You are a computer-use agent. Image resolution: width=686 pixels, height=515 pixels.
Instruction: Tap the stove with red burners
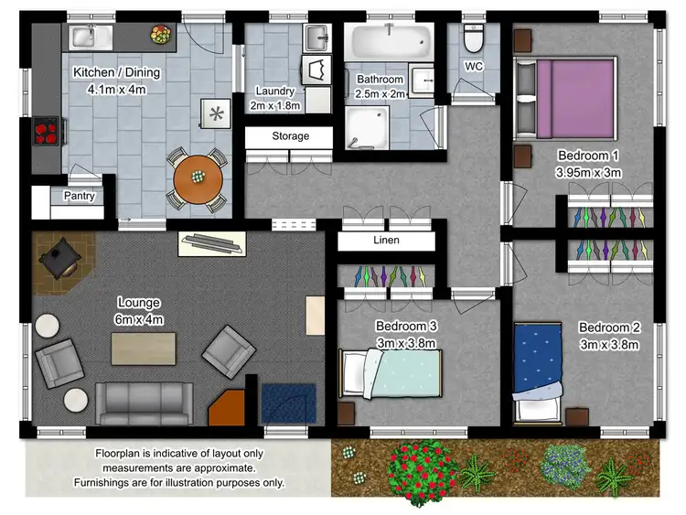pyautogui.click(x=46, y=134)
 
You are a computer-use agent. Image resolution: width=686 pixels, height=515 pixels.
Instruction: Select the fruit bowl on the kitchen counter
pyautogui.click(x=161, y=36)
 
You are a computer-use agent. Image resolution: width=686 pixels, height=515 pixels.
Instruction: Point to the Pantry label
pyautogui.click(x=79, y=196)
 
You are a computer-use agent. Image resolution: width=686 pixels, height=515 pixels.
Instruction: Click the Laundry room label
pyautogui.click(x=275, y=91)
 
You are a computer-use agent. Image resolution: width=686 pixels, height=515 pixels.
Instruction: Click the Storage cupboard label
pyautogui.click(x=290, y=136)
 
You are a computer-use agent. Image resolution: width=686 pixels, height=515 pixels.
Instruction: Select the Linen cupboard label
pyautogui.click(x=386, y=241)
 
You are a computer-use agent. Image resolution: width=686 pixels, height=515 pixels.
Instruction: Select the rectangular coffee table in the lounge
pyautogui.click(x=143, y=348)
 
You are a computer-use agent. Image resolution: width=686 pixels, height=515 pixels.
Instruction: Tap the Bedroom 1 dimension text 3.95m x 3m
pyautogui.click(x=587, y=172)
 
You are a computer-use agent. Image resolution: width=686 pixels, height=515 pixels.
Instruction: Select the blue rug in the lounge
pyautogui.click(x=288, y=402)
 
